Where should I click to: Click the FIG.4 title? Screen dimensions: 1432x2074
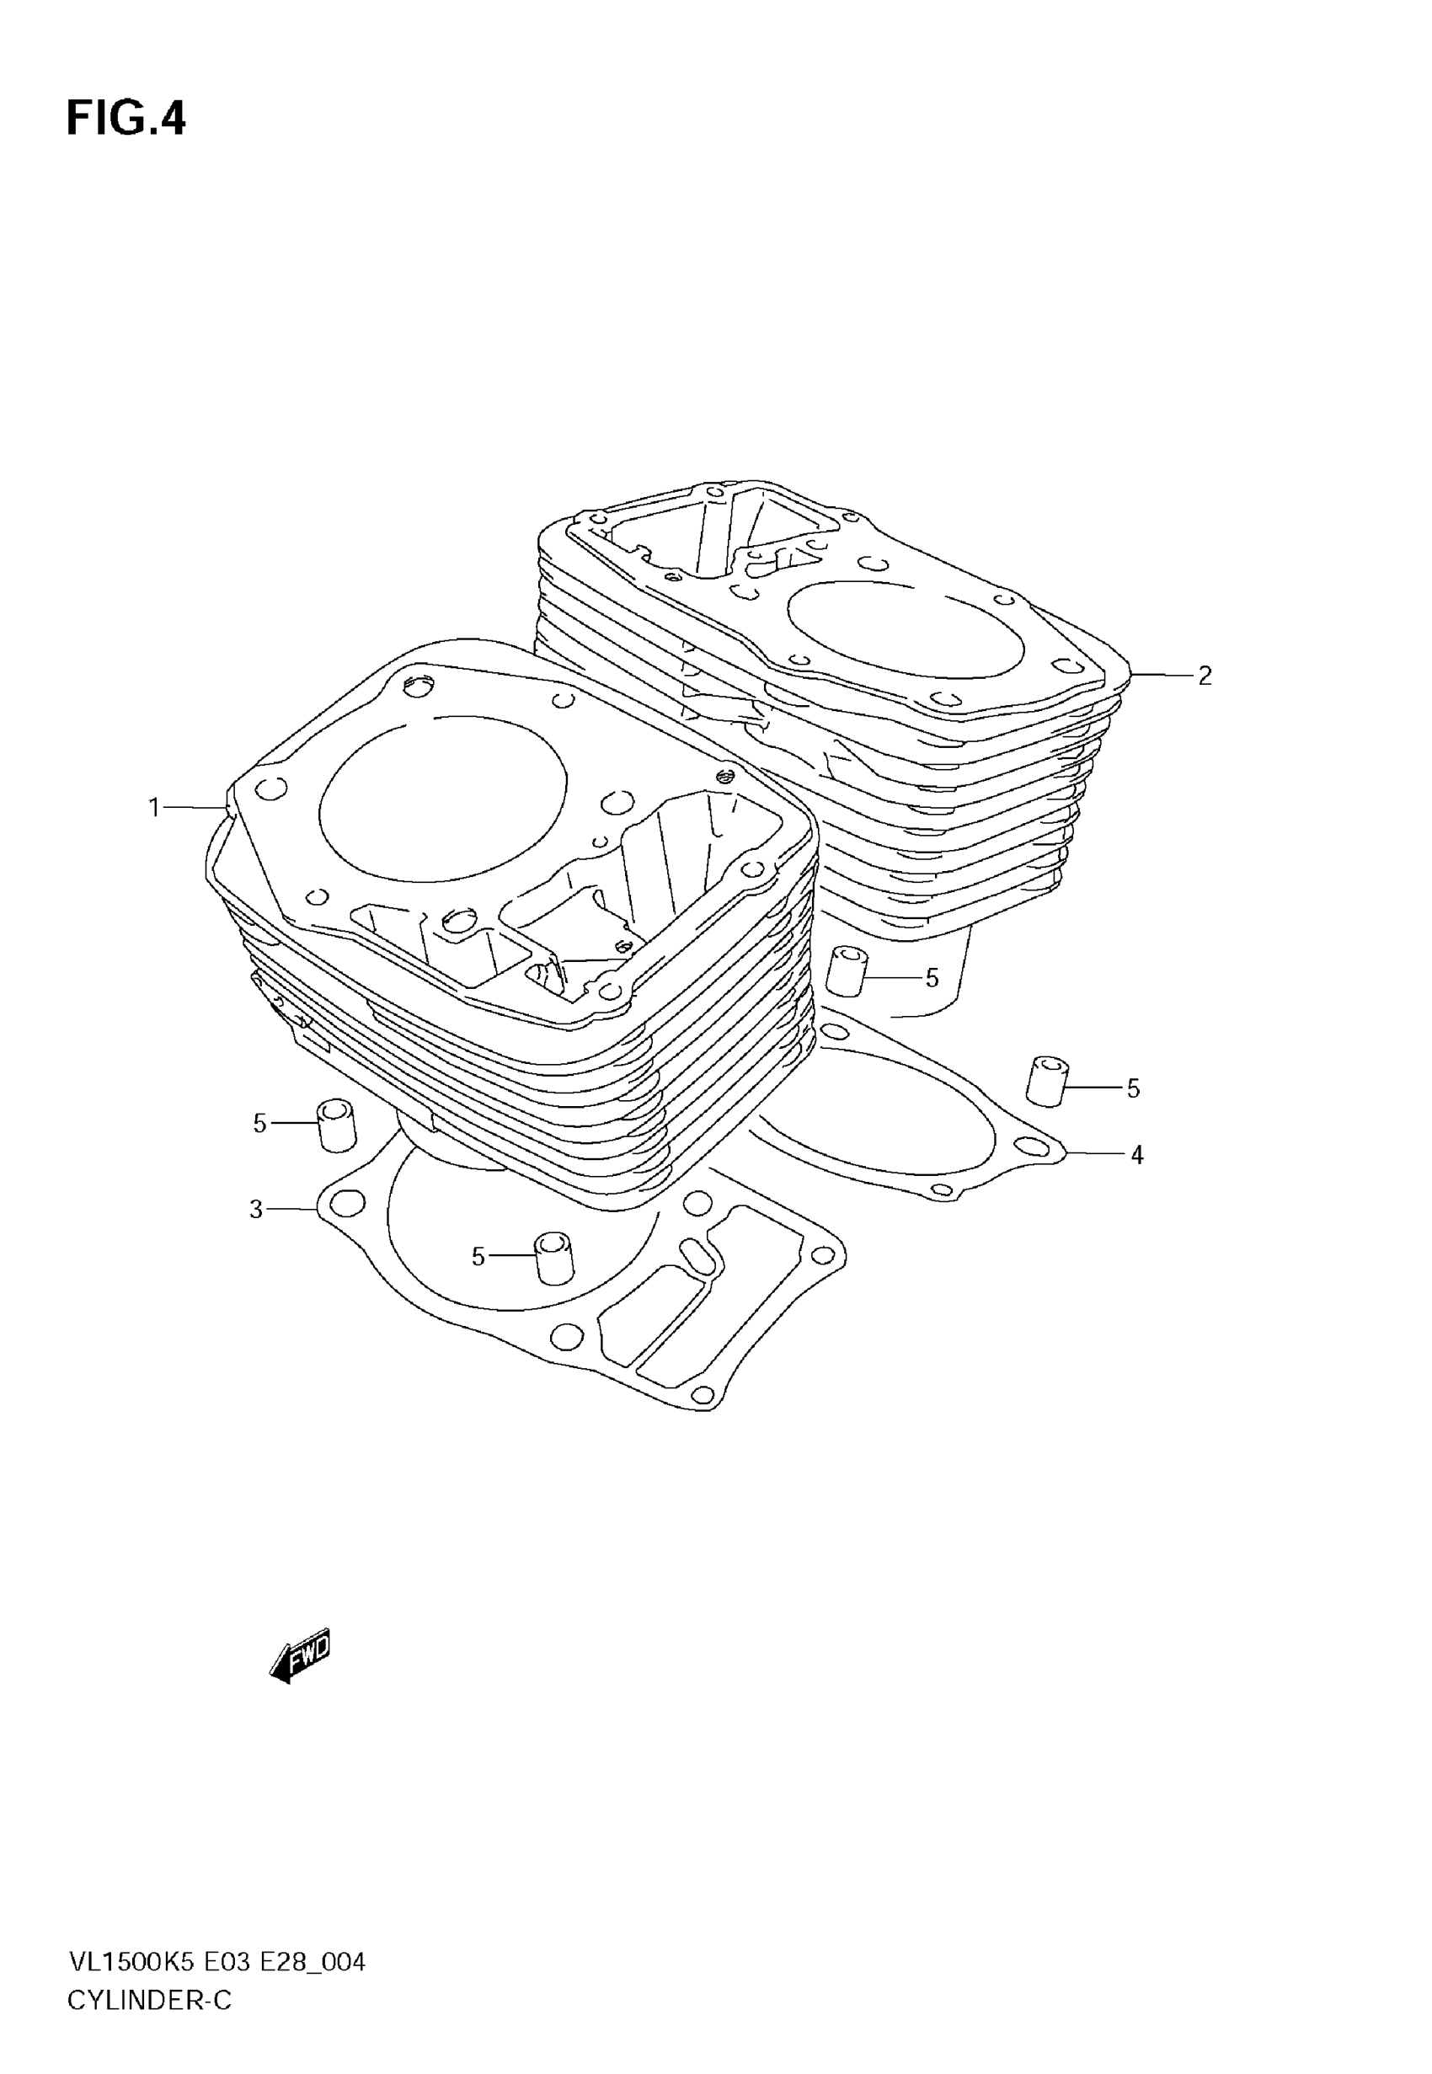click(126, 119)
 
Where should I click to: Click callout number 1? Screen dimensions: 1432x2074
click(154, 808)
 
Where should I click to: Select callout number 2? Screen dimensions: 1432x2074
click(1205, 676)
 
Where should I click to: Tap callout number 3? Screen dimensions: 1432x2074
click(256, 1211)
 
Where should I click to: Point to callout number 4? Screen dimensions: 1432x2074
click(1137, 1156)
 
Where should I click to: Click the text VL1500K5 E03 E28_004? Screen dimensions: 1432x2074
click(216, 1963)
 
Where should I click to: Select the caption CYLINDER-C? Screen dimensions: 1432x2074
click(149, 2001)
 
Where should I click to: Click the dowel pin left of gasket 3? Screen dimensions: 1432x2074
click(336, 1124)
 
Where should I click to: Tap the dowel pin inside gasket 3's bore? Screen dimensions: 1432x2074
click(553, 1258)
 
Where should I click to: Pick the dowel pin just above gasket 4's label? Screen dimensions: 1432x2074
click(1046, 1081)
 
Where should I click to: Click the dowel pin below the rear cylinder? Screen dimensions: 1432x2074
click(846, 971)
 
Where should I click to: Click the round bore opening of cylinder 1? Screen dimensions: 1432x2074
click(442, 798)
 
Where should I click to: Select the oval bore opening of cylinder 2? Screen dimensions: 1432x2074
click(906, 626)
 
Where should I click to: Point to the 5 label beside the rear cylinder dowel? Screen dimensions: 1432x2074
click(932, 979)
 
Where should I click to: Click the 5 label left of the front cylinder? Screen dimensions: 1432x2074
click(260, 1123)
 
